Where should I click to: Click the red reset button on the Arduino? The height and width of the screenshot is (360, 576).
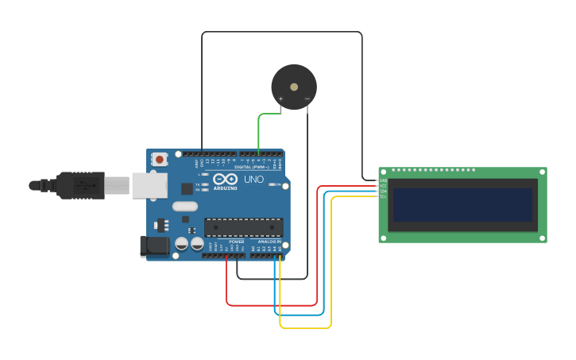(x=160, y=159)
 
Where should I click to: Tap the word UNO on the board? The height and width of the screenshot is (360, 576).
(x=253, y=180)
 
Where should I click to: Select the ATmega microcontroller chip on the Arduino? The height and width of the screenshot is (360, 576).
(x=243, y=227)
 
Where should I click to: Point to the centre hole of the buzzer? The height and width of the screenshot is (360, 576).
(x=294, y=87)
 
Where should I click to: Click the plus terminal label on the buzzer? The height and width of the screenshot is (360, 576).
(x=280, y=99)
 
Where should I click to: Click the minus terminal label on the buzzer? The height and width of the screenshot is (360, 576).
(x=307, y=99)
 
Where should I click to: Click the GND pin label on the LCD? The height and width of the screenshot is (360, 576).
(x=383, y=181)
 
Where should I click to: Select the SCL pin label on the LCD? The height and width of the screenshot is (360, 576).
(x=383, y=196)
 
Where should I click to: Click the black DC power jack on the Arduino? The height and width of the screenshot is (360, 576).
(x=154, y=246)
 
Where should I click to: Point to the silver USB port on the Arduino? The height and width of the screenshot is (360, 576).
(x=149, y=185)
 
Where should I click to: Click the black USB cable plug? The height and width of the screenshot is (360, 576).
(x=79, y=185)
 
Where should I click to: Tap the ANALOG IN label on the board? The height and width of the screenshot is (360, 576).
(x=269, y=242)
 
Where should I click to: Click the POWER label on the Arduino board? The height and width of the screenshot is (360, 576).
(x=236, y=242)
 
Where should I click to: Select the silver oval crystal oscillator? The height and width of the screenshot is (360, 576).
(x=184, y=207)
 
